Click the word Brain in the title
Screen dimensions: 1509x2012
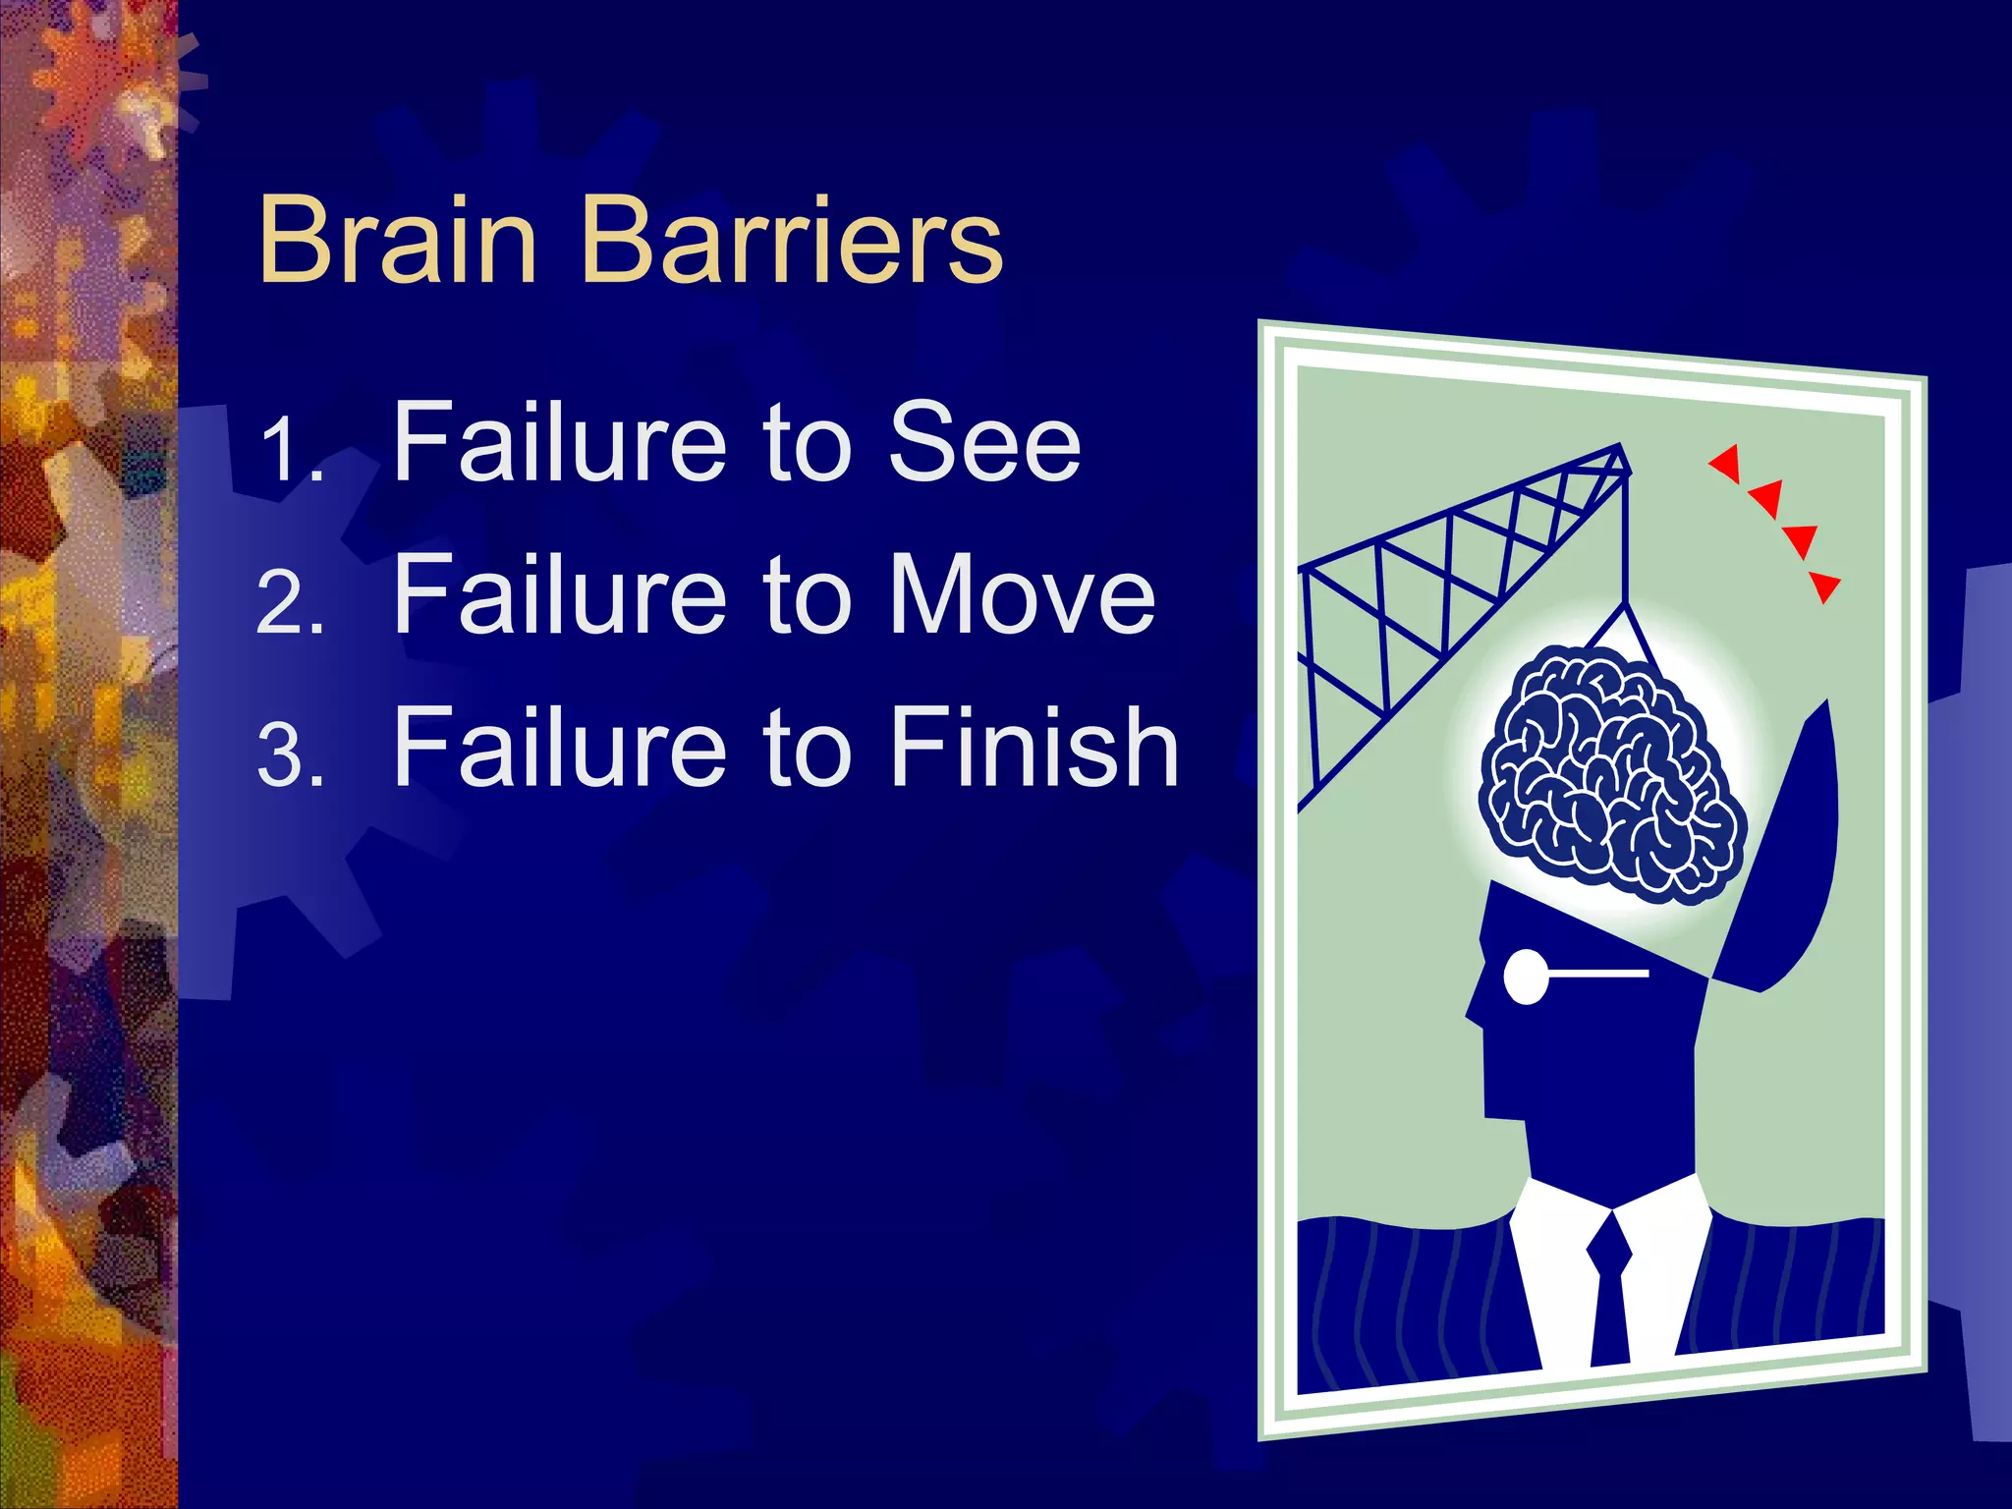click(397, 240)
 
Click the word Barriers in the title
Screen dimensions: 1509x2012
click(792, 240)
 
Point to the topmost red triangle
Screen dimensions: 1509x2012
click(1726, 462)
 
